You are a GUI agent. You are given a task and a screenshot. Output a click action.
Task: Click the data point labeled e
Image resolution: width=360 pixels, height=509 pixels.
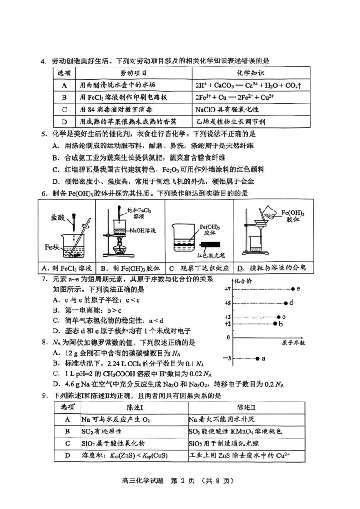pos(293,289)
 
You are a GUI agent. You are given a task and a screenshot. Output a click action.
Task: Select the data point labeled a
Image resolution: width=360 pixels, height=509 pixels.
pos(257,358)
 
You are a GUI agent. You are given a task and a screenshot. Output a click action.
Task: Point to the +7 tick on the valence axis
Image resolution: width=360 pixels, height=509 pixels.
pos(227,289)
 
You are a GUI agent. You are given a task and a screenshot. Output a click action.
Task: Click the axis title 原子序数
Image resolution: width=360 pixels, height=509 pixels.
pos(293,343)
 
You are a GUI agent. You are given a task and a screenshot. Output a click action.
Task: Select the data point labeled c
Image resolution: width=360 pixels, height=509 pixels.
pos(279,317)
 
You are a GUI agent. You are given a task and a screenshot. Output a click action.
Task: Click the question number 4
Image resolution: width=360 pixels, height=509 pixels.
pos(44,61)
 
